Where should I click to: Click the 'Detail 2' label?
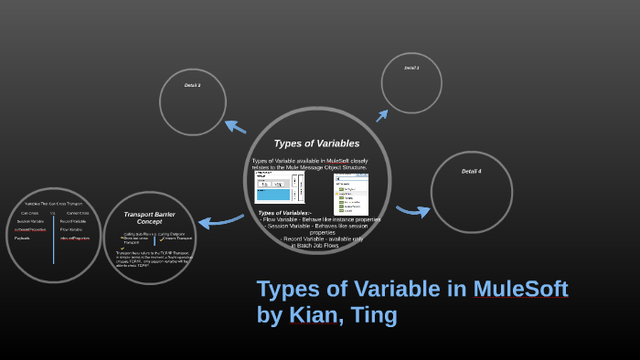pyautogui.click(x=192, y=85)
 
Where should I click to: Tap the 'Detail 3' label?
pyautogui.click(x=411, y=68)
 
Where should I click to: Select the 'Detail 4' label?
pyautogui.click(x=471, y=171)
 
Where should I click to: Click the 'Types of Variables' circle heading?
pyautogui.click(x=316, y=143)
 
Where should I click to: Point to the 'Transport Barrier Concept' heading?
pyautogui.click(x=149, y=217)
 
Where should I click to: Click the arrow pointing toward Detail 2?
pyautogui.click(x=235, y=126)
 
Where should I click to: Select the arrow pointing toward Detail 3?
pyautogui.click(x=382, y=115)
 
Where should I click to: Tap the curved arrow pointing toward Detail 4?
pyautogui.click(x=412, y=211)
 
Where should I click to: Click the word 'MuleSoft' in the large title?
pyautogui.click(x=520, y=289)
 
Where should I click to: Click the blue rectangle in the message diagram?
pyautogui.click(x=272, y=195)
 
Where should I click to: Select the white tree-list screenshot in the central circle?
pyautogui.click(x=351, y=195)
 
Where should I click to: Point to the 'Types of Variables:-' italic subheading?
pyautogui.click(x=284, y=213)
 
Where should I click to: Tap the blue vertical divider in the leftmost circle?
pyautogui.click(x=54, y=237)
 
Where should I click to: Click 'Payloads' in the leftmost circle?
pyautogui.click(x=22, y=238)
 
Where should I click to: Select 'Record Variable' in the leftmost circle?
pyautogui.click(x=73, y=221)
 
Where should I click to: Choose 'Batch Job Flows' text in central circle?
pyautogui.click(x=315, y=245)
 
